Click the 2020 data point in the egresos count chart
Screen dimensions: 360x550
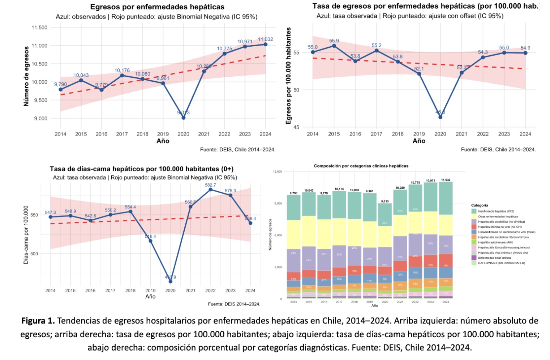pos(184,118)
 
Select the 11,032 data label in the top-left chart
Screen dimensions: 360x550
pos(265,39)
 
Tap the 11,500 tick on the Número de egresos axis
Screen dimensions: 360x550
pos(40,27)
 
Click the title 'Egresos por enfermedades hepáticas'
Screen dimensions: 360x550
pos(157,7)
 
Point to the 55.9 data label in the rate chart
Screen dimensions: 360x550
pos(334,41)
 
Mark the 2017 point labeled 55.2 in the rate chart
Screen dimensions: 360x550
pos(377,51)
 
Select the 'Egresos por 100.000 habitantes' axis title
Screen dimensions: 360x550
pos(288,76)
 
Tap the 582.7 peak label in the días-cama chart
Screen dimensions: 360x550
pos(210,185)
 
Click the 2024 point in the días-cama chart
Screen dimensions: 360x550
pos(250,223)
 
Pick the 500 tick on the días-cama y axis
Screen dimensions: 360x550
pos(34,254)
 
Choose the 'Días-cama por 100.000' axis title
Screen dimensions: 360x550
pos(26,235)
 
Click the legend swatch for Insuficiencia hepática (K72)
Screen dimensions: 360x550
pos(474,211)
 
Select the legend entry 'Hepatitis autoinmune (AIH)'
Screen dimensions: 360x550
pos(495,243)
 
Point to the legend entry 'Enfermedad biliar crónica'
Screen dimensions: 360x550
pos(494,258)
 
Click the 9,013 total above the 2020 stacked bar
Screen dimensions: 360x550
pos(385,202)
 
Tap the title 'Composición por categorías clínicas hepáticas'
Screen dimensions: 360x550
pos(361,166)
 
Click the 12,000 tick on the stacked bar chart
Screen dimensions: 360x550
pos(278,172)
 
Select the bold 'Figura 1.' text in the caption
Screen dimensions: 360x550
pos(38,321)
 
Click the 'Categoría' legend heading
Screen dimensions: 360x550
pos(480,205)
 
